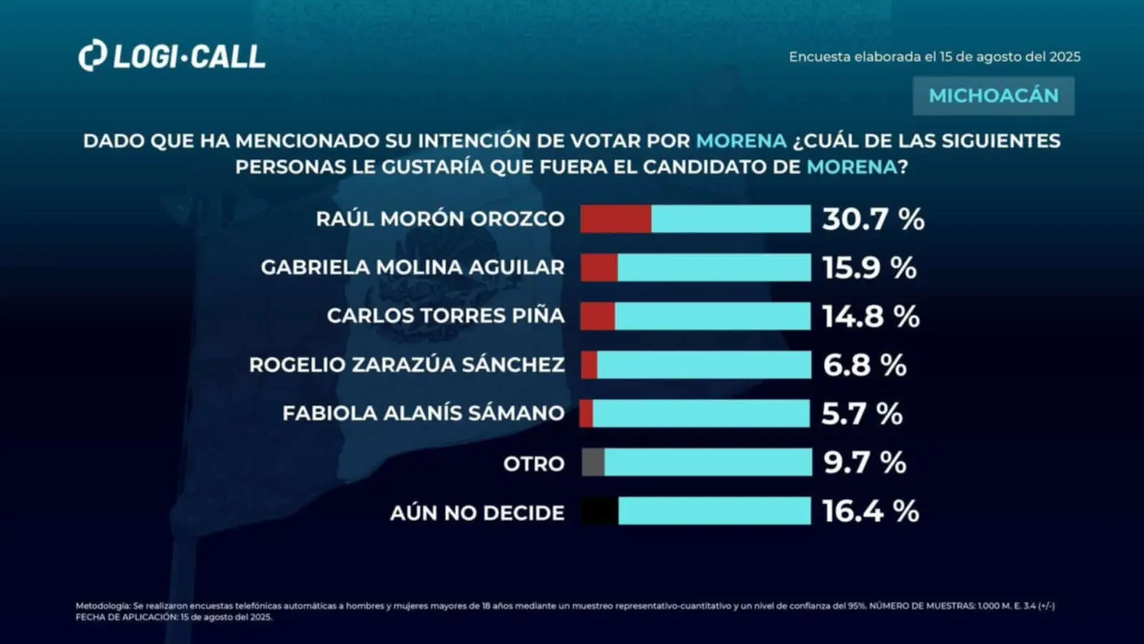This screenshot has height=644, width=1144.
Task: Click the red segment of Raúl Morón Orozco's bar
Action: pyautogui.click(x=616, y=219)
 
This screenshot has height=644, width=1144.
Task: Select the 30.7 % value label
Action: pyautogui.click(x=873, y=219)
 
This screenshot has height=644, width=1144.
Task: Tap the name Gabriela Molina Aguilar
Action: pyautogui.click(x=413, y=268)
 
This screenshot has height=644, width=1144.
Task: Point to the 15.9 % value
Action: pyautogui.click(x=869, y=268)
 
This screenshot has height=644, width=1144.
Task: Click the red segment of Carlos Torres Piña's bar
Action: pyautogui.click(x=598, y=316)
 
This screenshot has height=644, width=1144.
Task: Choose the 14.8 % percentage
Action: pyautogui.click(x=871, y=316)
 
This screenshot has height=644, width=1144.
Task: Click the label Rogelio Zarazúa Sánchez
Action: pyautogui.click(x=407, y=365)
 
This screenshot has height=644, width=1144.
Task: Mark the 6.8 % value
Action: pyautogui.click(x=864, y=365)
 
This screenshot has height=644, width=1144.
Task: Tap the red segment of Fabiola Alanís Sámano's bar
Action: pyautogui.click(x=586, y=414)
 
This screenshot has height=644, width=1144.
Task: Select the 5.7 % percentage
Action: pyautogui.click(x=862, y=414)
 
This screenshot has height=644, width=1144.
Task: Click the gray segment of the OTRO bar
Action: pyautogui.click(x=593, y=462)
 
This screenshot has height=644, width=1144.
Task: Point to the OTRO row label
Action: pyautogui.click(x=533, y=464)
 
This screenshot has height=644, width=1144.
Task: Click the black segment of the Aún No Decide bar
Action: pyautogui.click(x=599, y=511)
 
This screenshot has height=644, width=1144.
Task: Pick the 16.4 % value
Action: pyautogui.click(x=870, y=511)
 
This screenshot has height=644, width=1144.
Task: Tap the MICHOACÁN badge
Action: pyautogui.click(x=993, y=96)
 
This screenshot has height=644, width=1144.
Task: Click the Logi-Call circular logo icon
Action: pyautogui.click(x=92, y=57)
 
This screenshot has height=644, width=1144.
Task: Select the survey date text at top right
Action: pyautogui.click(x=935, y=57)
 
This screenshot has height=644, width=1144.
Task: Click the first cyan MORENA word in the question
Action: pyautogui.click(x=741, y=141)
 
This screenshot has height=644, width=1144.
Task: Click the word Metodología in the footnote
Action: pyautogui.click(x=103, y=606)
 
